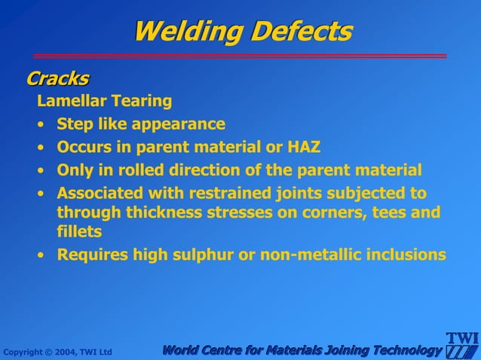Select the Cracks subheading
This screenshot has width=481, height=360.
coord(57,78)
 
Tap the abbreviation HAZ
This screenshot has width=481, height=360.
coord(304,146)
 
